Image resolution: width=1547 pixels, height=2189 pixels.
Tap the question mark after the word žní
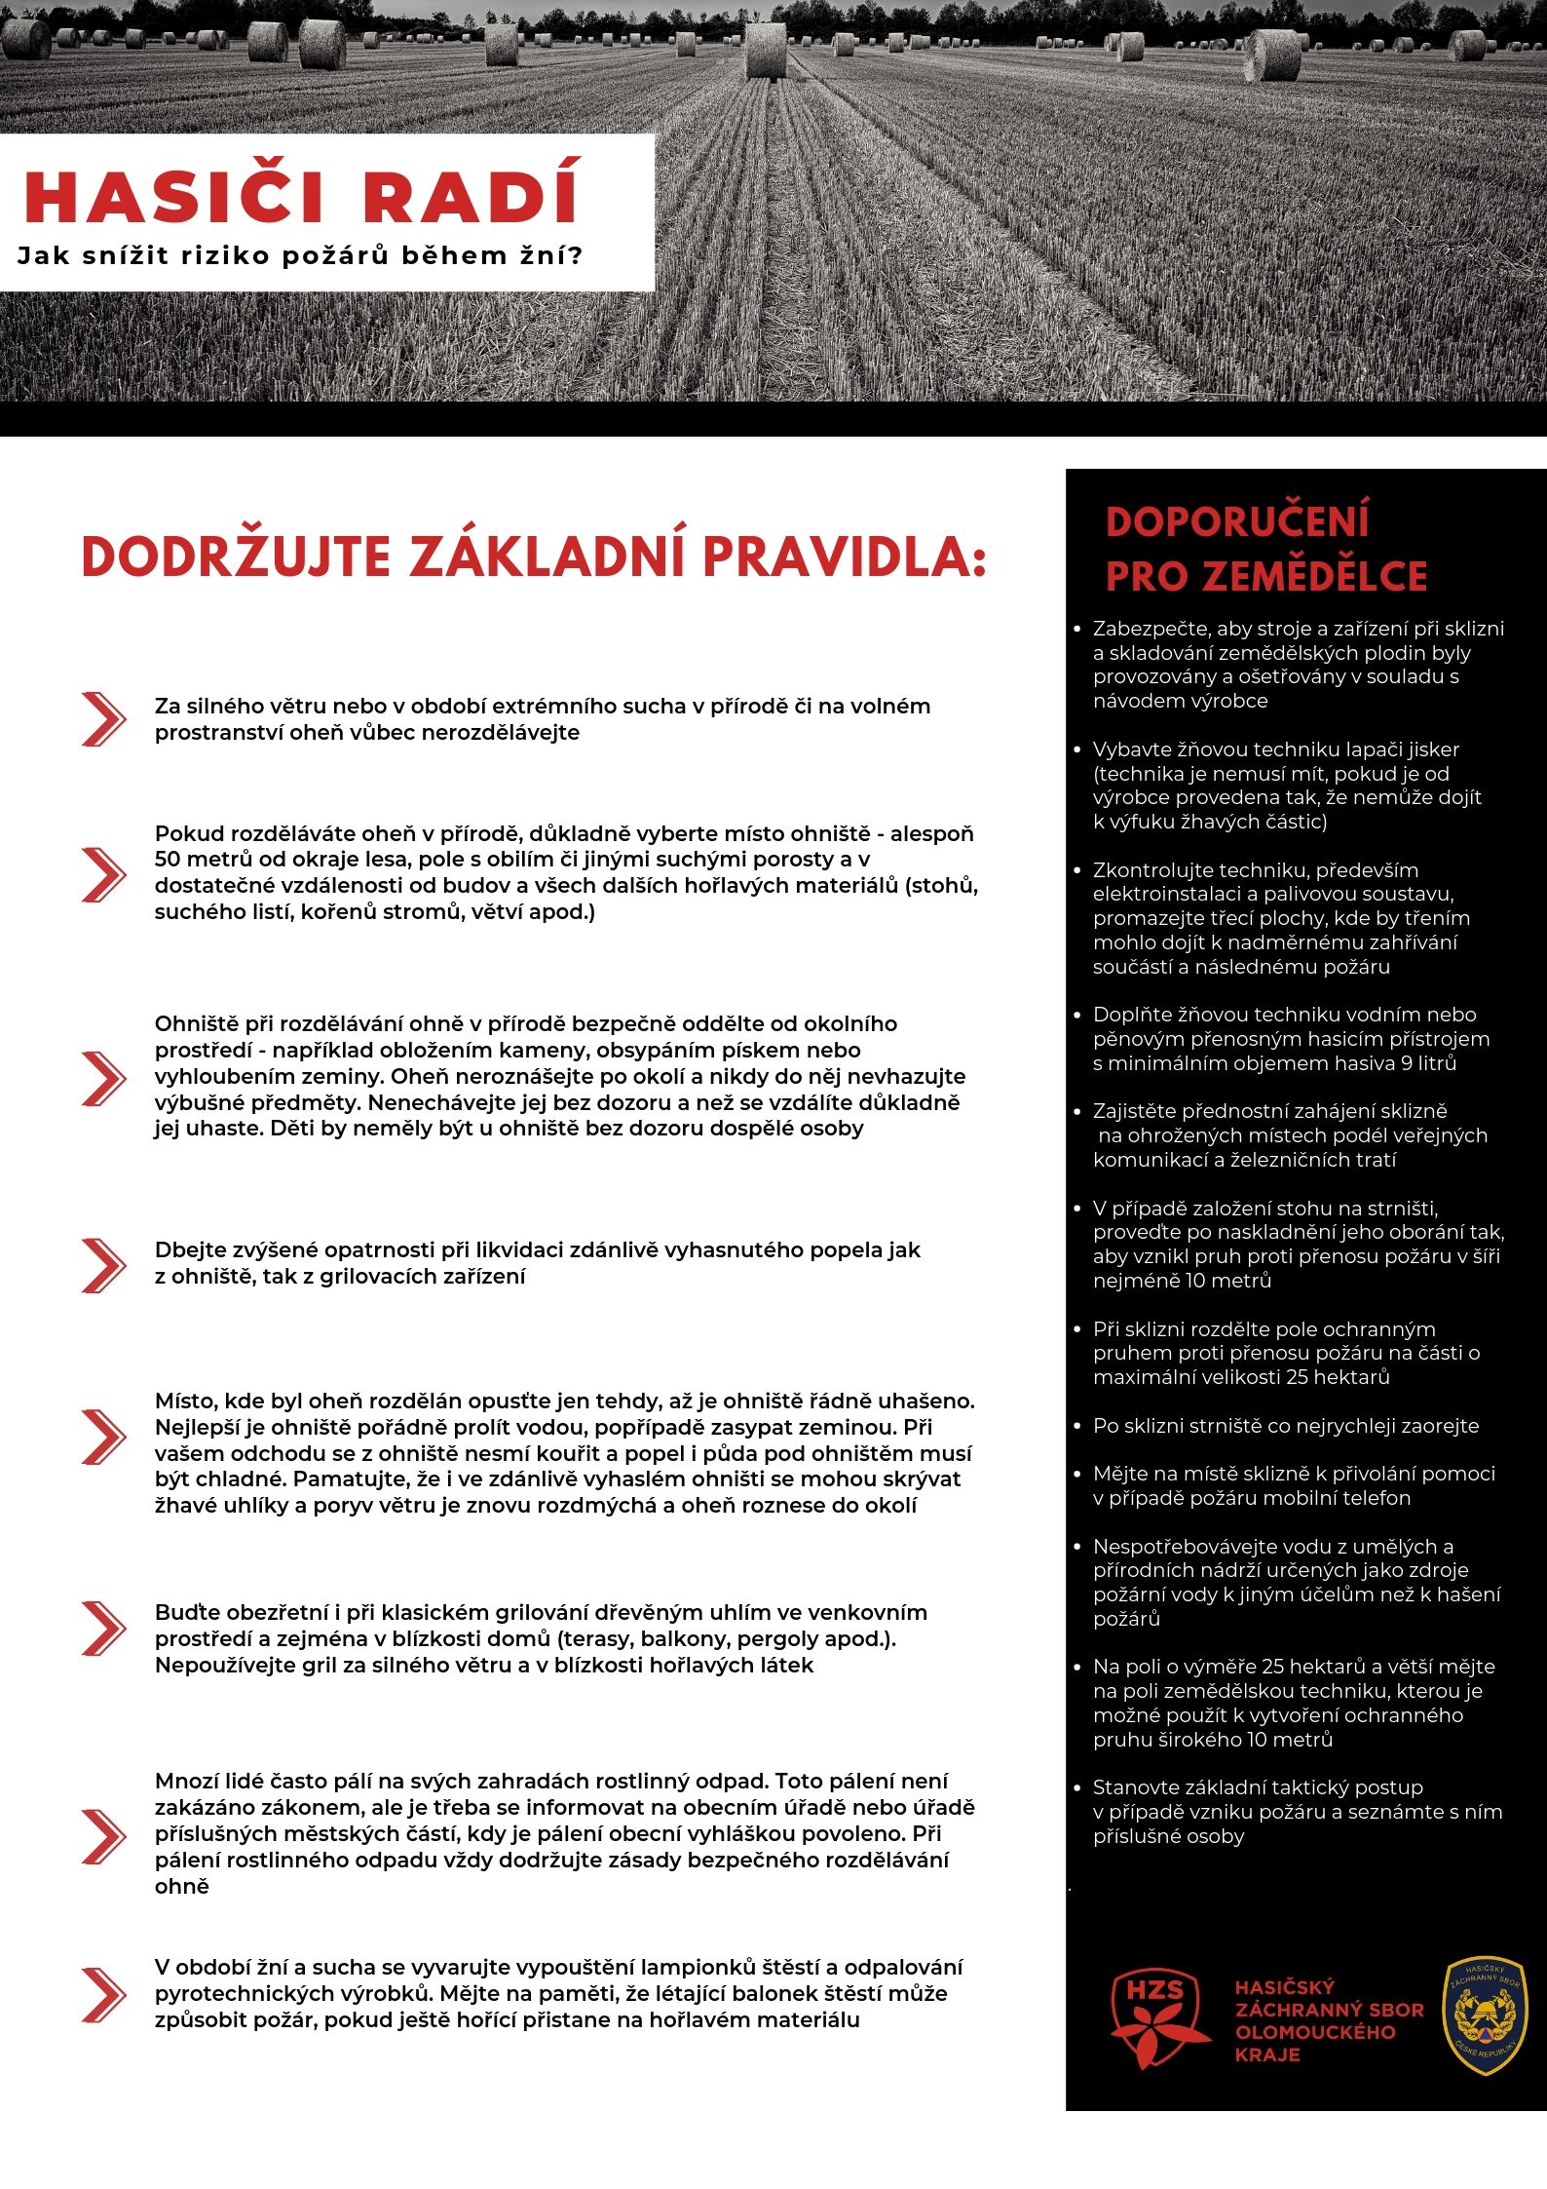click(x=574, y=256)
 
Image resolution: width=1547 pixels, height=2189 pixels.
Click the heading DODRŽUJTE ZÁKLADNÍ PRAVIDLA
click(x=533, y=557)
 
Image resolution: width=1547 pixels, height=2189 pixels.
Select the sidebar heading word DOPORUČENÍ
click(x=1237, y=521)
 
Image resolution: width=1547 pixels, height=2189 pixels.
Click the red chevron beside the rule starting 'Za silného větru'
click(x=103, y=719)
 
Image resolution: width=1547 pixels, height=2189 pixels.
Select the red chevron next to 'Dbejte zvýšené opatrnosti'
click(x=103, y=1264)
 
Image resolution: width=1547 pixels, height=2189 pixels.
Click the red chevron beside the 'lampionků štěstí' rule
click(x=103, y=1994)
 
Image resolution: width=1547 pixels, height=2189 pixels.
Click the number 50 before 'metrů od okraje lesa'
click(x=168, y=860)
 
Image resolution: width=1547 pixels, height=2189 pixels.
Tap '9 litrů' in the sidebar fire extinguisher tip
click(x=1428, y=1063)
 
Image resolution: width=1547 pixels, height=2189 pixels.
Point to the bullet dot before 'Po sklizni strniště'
click(x=1076, y=1427)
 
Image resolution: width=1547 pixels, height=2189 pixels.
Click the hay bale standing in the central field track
click(x=765, y=51)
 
